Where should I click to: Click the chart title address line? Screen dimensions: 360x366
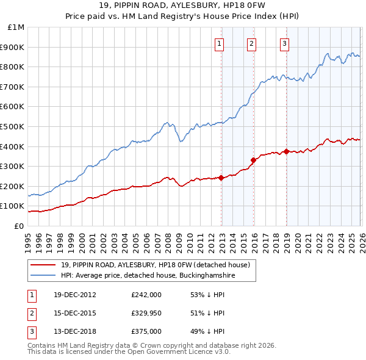tap(183, 7)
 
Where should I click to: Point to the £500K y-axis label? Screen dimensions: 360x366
tap(14, 127)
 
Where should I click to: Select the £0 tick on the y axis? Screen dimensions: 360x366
tap(20, 226)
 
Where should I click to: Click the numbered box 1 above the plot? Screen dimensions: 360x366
tap(219, 43)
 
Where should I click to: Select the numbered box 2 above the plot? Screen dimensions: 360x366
tap(251, 43)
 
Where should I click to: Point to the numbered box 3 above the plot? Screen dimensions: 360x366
tap(284, 43)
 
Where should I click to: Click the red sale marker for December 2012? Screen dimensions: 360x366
tap(221, 178)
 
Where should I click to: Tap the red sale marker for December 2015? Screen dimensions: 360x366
tap(254, 160)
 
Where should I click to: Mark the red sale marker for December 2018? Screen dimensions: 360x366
tap(286, 151)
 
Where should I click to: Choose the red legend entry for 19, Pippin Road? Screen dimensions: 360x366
tap(156, 265)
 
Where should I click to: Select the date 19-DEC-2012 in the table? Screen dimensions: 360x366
tap(74, 295)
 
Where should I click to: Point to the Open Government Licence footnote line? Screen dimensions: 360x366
tap(129, 352)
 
